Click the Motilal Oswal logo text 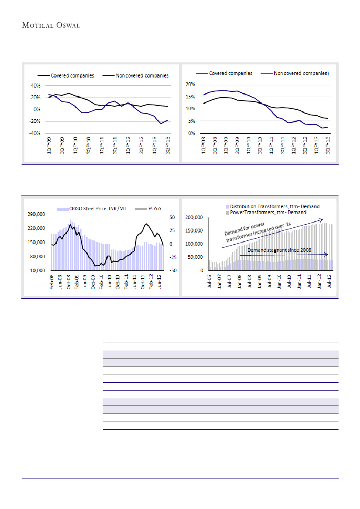click(x=51, y=25)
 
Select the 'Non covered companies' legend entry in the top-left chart click(x=142, y=76)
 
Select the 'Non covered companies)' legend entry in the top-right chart click(x=301, y=74)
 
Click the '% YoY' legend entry click(x=155, y=209)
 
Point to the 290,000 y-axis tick click(x=36, y=214)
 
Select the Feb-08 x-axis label click(x=52, y=283)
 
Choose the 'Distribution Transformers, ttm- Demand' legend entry click(x=275, y=206)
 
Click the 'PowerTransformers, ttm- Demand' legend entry click(x=268, y=212)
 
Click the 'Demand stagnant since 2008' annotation click(x=279, y=250)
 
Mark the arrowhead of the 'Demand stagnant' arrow click(x=327, y=254)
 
